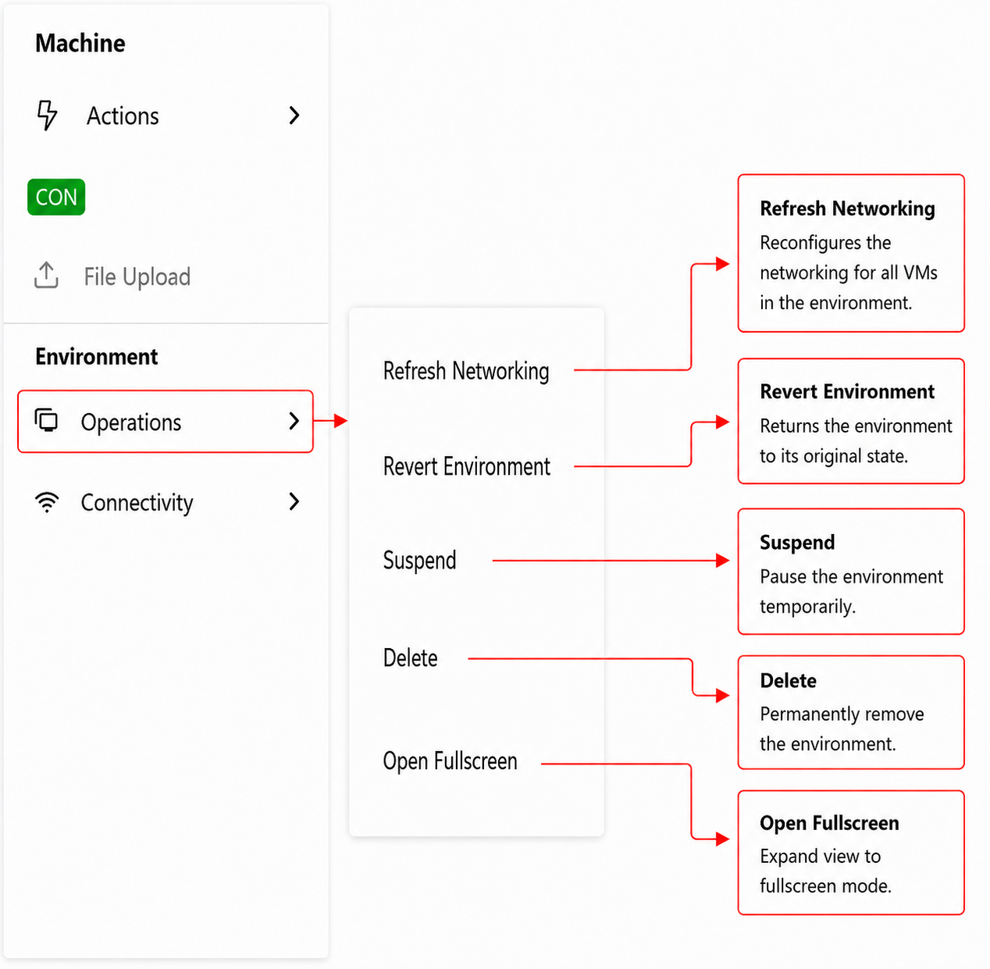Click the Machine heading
coord(80,43)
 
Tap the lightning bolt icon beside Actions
coord(47,115)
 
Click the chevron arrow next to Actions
coord(294,116)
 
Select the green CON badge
coord(56,198)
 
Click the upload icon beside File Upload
coord(46,275)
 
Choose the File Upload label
coord(137,276)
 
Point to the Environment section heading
coord(97,357)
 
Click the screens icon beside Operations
coord(46,420)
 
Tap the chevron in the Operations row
coord(294,421)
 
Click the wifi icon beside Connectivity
coord(47,502)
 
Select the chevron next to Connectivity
coord(294,501)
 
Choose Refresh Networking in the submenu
coord(466,371)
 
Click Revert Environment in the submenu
coord(466,466)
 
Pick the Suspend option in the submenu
coord(420,560)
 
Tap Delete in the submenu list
coord(411,658)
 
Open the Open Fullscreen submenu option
coord(450,761)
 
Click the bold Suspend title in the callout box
coord(797,543)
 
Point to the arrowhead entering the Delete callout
coord(723,696)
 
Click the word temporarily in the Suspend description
coord(807,607)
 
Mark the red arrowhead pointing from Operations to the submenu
coord(340,421)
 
